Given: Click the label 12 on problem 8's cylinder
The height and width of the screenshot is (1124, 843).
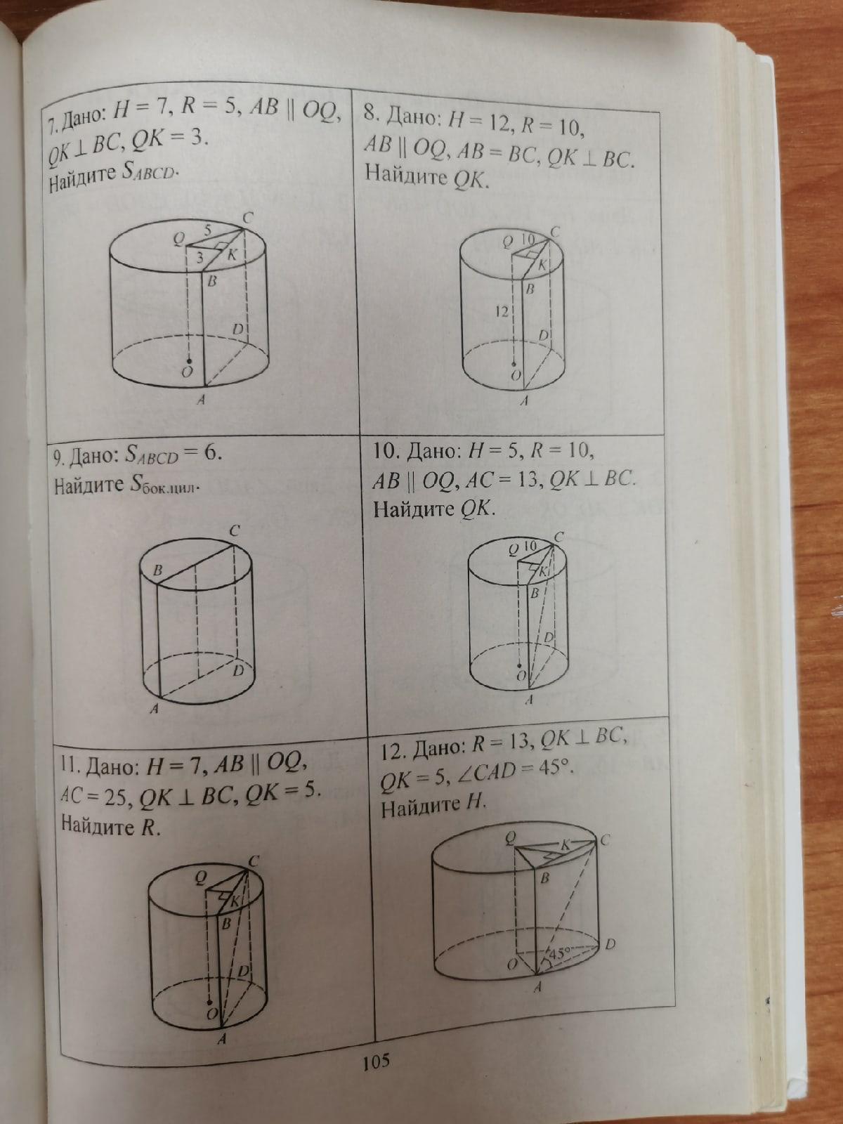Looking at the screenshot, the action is point(502,311).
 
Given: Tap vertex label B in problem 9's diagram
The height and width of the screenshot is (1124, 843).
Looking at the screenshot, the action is point(158,570).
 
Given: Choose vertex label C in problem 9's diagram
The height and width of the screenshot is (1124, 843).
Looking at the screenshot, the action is point(235,532).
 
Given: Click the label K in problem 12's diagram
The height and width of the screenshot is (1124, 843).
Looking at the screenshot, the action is point(565,845).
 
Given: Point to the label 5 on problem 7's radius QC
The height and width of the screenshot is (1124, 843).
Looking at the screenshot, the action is point(208,230).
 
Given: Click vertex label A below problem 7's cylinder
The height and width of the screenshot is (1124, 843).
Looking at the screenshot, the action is point(201,400).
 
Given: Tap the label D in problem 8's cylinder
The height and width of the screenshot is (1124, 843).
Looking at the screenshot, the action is point(544,335).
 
